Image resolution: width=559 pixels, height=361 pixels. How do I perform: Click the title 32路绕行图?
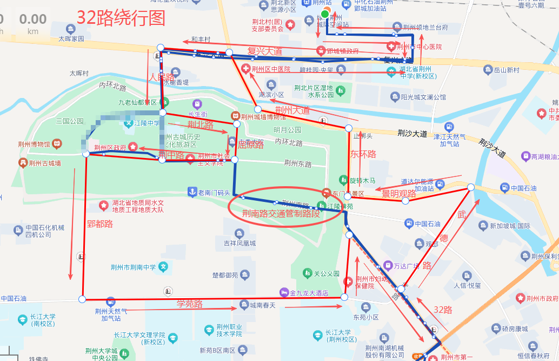coord(120,18)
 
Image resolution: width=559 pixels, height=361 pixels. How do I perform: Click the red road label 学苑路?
coord(189,304)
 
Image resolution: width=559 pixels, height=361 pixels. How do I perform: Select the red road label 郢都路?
coord(99,224)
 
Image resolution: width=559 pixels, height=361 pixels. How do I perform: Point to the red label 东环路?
coord(363,154)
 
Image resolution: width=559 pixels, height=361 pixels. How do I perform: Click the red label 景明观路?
coord(399,193)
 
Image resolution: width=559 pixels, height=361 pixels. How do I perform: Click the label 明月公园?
coord(287,130)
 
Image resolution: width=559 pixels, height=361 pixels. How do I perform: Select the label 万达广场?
coord(407,266)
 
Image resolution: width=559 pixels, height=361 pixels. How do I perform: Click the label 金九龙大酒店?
coord(309,293)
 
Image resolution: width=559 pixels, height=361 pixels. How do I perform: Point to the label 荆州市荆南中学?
coord(133,267)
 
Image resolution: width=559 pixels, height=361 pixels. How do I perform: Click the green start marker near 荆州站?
coord(324,14)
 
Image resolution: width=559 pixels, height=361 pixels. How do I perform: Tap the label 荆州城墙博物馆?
coord(263,116)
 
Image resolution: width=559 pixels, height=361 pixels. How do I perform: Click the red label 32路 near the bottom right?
coord(443,310)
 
